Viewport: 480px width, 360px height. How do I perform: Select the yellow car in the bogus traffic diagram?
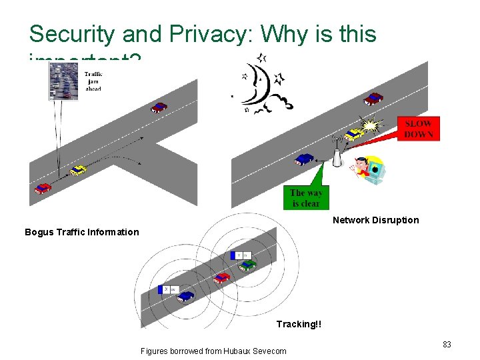[78, 170]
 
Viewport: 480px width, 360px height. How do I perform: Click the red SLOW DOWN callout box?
[419, 128]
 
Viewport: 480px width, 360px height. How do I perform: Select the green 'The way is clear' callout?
[305, 198]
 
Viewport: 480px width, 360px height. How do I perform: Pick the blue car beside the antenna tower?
[305, 159]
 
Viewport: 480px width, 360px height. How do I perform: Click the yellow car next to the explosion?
[355, 133]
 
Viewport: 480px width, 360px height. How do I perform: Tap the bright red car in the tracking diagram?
[222, 277]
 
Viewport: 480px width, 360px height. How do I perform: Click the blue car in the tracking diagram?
[186, 295]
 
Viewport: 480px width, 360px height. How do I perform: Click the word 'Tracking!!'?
[299, 324]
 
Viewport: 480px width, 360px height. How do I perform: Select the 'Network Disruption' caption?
[375, 220]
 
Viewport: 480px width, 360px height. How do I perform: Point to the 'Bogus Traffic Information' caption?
[82, 232]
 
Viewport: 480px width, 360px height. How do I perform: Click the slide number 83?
[447, 345]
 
